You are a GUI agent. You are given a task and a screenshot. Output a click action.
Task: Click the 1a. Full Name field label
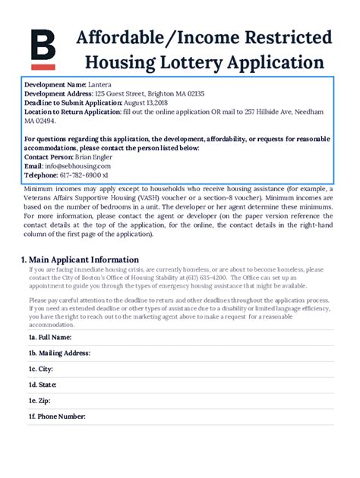(51, 336)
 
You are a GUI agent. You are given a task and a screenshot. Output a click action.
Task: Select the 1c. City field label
(41, 370)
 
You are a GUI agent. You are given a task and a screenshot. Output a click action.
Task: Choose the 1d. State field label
(43, 385)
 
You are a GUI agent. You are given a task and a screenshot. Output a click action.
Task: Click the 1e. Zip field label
(39, 401)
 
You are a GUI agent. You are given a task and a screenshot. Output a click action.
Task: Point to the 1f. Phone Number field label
(58, 417)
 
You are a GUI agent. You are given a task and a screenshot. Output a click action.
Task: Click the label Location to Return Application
(72, 112)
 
